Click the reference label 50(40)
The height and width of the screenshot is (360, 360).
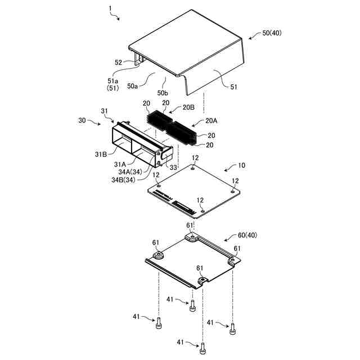272,33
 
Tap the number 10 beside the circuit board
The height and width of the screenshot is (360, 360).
242,166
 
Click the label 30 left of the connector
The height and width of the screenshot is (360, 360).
82,120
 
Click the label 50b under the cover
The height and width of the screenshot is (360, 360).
163,92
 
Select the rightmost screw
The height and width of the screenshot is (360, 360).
232,328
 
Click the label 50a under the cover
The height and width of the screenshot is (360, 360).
133,86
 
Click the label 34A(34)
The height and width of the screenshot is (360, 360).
130,172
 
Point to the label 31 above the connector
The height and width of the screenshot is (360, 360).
104,110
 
